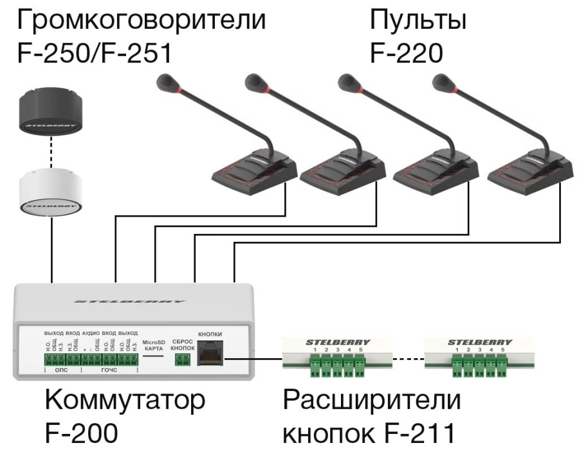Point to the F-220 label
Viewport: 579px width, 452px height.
[x=407, y=53]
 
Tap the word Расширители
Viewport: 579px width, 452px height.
[x=371, y=401]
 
